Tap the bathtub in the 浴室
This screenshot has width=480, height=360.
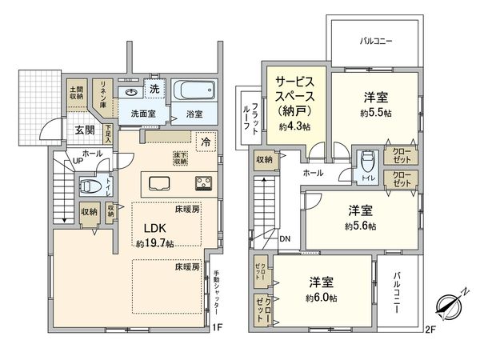pos(192,90)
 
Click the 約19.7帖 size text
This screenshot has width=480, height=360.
pos(156,242)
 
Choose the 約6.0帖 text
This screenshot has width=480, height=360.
pos(322,297)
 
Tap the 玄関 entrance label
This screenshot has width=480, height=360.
pos(86,130)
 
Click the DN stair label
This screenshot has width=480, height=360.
pos(286,238)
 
